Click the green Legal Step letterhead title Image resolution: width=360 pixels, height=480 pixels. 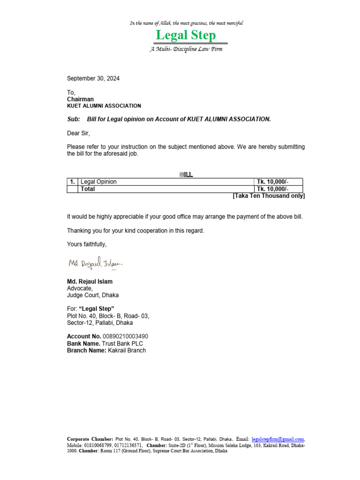[x=186, y=36]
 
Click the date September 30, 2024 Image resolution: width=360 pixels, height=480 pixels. [x=93, y=79]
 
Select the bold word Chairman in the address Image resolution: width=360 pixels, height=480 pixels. [x=80, y=99]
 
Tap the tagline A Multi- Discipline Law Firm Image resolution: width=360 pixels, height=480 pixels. [x=186, y=49]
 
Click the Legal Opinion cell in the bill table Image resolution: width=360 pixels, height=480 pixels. [x=99, y=182]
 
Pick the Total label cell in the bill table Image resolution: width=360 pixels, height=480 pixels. [x=88, y=189]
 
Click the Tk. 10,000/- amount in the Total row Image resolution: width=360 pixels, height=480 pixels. [x=269, y=189]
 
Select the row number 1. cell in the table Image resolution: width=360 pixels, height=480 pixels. [x=72, y=182]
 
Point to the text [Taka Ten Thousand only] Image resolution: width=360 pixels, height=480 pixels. [x=269, y=196]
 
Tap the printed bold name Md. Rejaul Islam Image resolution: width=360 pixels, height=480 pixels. [x=90, y=282]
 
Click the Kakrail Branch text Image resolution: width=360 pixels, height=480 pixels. [x=127, y=351]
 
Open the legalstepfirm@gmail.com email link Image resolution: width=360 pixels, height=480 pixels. [x=278, y=439]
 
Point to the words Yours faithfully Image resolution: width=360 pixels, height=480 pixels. [x=87, y=244]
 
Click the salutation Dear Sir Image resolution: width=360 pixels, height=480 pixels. [x=78, y=133]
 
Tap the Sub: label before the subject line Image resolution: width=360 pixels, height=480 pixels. [x=74, y=120]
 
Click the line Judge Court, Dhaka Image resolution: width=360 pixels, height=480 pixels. [x=93, y=295]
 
